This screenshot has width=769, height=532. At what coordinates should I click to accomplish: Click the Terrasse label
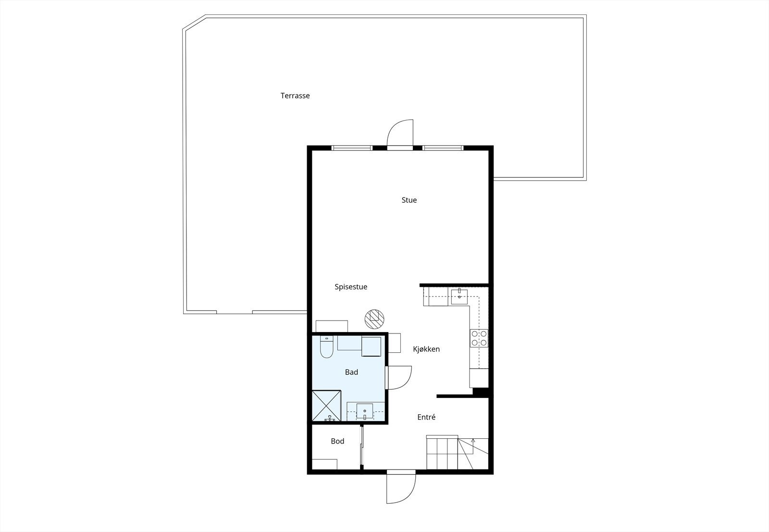point(295,96)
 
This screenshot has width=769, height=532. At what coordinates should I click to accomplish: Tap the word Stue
point(409,200)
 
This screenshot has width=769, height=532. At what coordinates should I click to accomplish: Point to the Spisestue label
point(351,287)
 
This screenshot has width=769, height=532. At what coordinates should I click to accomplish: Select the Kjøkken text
point(426,349)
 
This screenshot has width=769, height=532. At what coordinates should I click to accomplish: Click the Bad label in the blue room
point(351,372)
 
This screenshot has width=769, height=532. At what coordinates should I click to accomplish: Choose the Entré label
point(426,418)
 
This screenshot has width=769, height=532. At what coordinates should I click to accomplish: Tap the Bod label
point(337,441)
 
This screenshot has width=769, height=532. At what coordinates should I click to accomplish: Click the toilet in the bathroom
point(326,347)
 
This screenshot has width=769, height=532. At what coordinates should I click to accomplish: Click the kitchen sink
point(459,294)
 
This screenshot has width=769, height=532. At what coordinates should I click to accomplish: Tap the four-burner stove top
point(479,338)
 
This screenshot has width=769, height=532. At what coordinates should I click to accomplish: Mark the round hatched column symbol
point(374,318)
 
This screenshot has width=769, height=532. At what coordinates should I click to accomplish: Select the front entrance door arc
point(401,488)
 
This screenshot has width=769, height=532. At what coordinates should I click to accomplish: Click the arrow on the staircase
point(473,441)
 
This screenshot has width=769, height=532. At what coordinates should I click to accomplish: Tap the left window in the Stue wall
point(352,148)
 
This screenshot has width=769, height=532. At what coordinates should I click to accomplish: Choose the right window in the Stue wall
point(443,148)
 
